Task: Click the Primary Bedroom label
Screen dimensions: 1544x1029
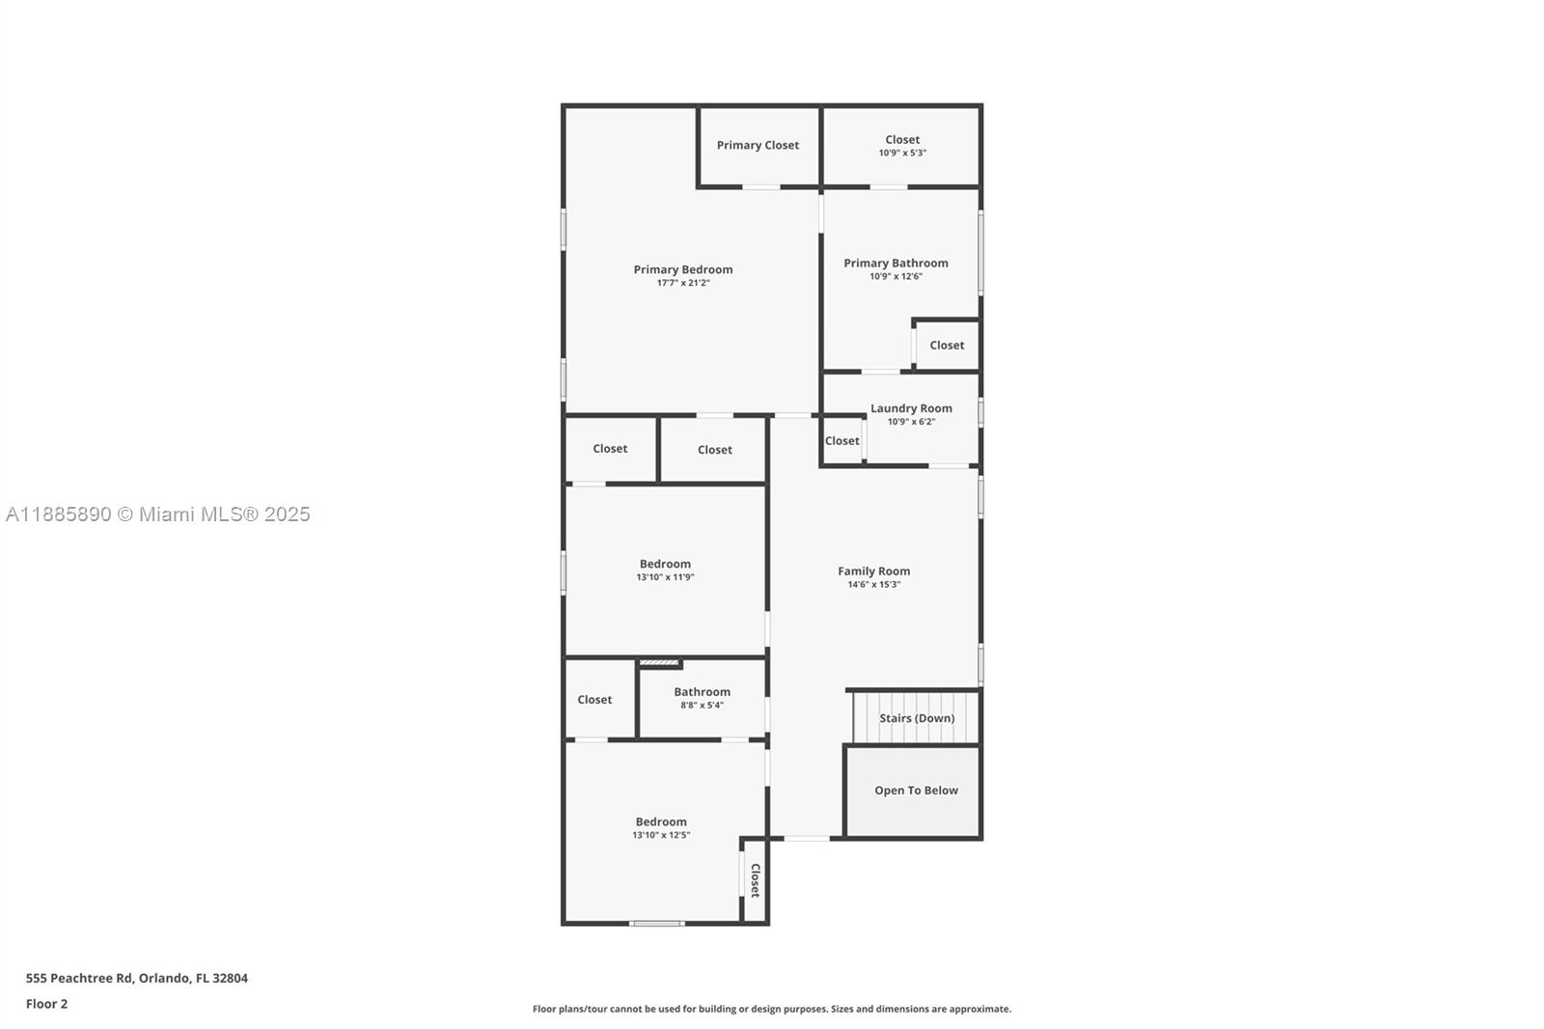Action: coord(683,269)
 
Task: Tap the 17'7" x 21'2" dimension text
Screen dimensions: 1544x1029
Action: coord(683,283)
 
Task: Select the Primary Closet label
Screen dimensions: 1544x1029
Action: coord(758,145)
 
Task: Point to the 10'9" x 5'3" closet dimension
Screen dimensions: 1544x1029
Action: coord(902,153)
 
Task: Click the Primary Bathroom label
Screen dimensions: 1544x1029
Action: coord(896,263)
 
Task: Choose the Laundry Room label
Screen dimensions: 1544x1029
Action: coord(911,408)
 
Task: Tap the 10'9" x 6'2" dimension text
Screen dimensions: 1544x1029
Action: coord(911,422)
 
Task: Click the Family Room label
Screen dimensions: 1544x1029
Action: coord(874,571)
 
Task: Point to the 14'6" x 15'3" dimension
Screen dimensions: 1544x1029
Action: coord(874,584)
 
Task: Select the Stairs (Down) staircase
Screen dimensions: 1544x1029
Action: coord(917,718)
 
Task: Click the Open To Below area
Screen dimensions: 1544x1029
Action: coord(913,792)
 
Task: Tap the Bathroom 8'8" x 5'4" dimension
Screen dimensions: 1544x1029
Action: coord(702,705)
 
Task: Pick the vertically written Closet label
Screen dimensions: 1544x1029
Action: coord(756,880)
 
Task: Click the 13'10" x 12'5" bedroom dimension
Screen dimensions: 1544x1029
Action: coord(661,835)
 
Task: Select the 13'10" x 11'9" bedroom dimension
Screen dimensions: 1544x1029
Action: coord(665,576)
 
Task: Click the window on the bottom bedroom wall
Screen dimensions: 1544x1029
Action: coord(657,923)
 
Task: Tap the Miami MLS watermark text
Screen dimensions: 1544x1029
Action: coord(158,514)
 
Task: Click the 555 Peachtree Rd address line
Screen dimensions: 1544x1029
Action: coord(136,978)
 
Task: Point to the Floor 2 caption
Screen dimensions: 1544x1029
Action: coord(47,1004)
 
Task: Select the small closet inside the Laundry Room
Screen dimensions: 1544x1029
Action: coord(842,441)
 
